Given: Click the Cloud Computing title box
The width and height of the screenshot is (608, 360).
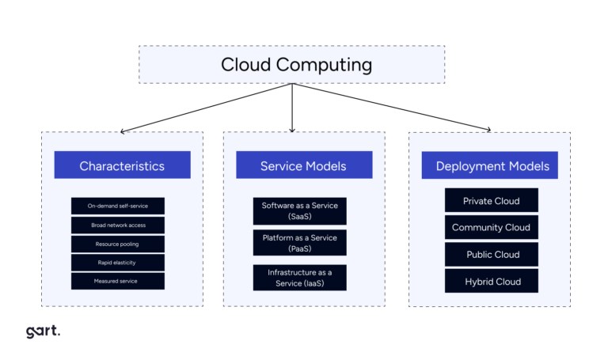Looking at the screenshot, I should tap(291, 64).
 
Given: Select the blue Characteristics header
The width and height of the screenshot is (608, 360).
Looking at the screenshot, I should tap(122, 165).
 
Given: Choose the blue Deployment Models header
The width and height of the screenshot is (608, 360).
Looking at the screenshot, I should tap(491, 165).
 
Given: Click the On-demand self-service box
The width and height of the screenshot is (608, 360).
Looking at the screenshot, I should tap(117, 206).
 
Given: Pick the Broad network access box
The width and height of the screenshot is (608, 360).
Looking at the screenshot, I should tap(117, 225).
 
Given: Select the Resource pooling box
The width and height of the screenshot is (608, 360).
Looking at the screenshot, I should tap(117, 244).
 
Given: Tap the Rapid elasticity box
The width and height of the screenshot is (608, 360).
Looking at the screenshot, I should tap(117, 262).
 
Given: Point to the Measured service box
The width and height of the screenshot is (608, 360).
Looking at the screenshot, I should tap(117, 281).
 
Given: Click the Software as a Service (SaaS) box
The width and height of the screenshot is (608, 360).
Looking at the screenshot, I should tap(300, 210).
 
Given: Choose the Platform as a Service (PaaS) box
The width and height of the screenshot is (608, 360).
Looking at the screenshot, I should tap(300, 243).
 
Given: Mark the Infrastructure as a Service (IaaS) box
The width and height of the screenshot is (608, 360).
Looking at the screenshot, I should tap(300, 277).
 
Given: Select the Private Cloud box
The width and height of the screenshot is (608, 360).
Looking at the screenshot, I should tap(491, 200).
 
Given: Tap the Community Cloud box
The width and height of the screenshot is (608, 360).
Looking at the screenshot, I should tap(491, 227).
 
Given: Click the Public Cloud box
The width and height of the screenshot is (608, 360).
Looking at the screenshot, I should tap(491, 254).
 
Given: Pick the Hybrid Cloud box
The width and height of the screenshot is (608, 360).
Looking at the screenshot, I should tap(491, 281).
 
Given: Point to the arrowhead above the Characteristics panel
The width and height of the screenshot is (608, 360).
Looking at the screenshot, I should tap(123, 131).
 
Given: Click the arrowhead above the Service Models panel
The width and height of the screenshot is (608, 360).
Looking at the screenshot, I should tap(292, 129).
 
